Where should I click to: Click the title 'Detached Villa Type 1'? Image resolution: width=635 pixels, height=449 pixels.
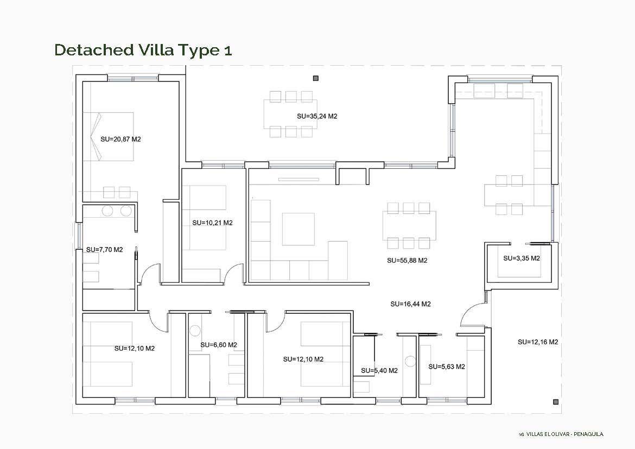143,50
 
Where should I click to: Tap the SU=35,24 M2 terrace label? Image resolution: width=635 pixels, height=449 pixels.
317,116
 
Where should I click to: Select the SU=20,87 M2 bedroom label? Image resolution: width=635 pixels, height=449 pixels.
120,140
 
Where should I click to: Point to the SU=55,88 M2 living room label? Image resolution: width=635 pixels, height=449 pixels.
407,261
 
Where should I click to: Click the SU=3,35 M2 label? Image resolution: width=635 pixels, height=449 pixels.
522,258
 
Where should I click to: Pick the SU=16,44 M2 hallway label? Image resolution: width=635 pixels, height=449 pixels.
411,304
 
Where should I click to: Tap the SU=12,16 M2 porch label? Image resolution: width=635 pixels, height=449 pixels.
538,342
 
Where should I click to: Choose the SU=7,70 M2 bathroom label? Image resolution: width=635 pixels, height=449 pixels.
105,250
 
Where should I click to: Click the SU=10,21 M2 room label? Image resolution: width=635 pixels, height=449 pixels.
213,223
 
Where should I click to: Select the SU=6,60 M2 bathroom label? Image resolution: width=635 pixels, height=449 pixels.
219,345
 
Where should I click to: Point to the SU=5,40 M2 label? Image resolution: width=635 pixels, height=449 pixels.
379,370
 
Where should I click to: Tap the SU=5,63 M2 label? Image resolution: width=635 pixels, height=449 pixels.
447,366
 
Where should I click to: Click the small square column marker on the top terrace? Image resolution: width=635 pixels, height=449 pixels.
316,78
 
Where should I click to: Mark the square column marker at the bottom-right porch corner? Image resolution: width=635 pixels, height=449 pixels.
556,402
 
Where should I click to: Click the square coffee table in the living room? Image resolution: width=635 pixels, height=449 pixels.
299,229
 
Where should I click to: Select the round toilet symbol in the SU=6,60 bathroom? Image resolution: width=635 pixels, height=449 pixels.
195,331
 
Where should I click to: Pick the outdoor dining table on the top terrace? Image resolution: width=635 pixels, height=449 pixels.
291,114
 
